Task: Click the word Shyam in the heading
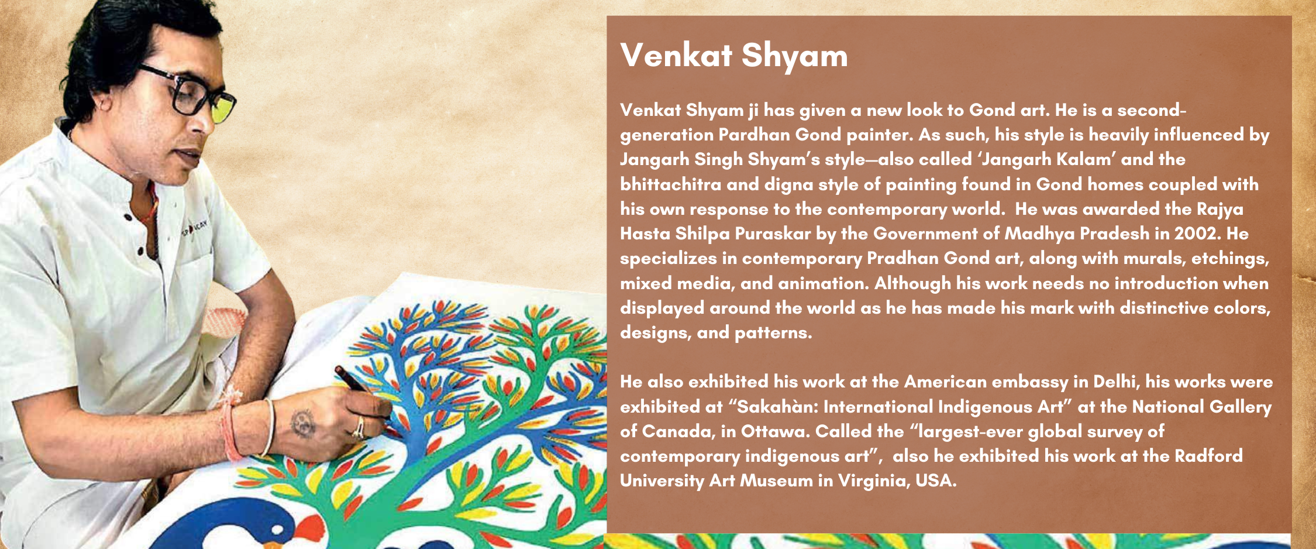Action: pos(794,56)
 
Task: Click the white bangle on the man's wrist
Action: pos(268,427)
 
